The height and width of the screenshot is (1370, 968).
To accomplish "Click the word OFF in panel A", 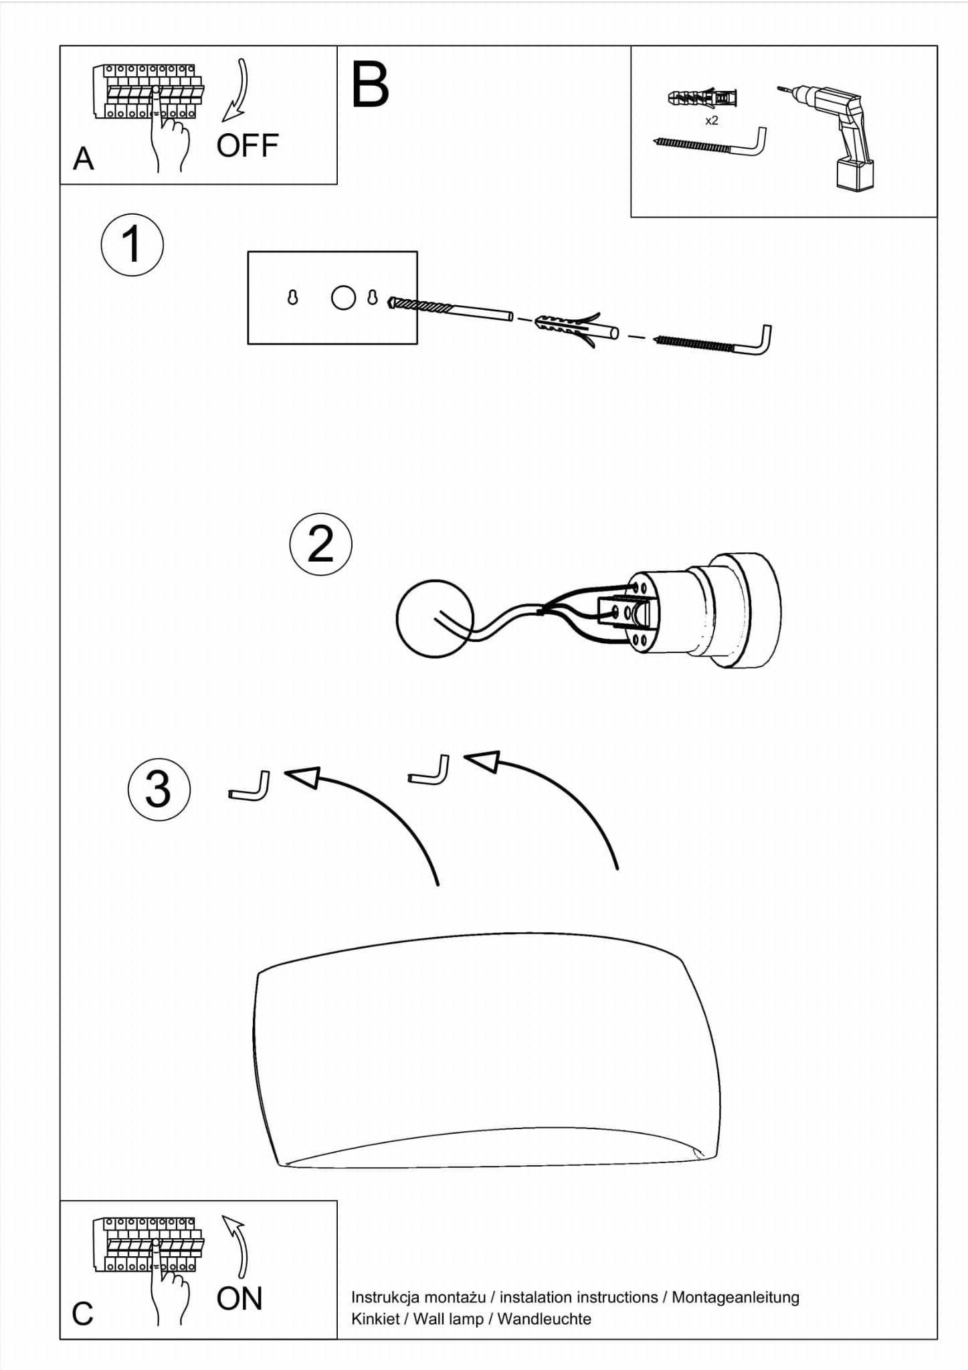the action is tap(247, 146).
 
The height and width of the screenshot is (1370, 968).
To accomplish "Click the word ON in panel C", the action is tap(239, 1299).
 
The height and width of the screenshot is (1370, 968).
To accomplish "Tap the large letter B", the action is tap(370, 84).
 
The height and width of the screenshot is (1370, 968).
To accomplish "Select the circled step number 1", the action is tap(132, 245).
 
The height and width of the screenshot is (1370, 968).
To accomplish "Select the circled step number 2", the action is tap(320, 544).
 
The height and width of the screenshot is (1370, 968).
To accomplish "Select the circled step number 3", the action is tap(159, 789).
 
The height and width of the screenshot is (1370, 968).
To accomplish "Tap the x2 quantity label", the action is tap(712, 120).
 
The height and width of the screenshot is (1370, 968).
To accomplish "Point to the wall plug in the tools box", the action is tap(702, 99).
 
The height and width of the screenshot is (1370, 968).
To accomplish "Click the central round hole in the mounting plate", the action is tap(343, 297).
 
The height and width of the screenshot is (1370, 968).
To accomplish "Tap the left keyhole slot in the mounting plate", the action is tap(292, 297).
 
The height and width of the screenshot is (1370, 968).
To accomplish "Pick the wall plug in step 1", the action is tap(576, 327).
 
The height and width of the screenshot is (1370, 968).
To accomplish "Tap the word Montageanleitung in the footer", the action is tap(735, 1297).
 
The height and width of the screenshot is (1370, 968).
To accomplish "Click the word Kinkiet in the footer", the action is tap(375, 1319).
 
